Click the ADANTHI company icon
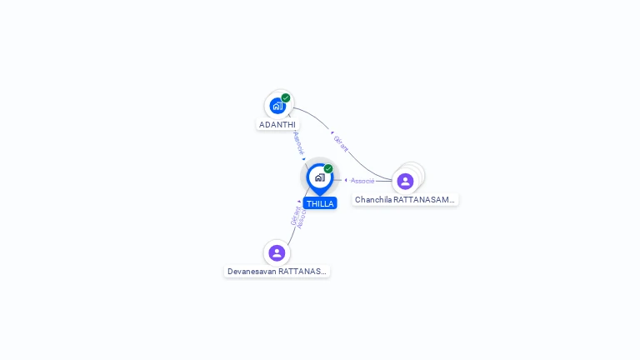coord(277,106)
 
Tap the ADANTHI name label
coord(277,125)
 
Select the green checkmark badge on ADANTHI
coord(286,97)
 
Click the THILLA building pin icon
coord(319,177)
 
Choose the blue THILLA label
coord(320,203)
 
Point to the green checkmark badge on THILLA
coord(328,168)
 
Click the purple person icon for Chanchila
coord(405,181)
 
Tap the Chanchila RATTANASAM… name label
coord(405,200)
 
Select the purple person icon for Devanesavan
coord(277,252)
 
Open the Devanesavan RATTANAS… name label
coord(277,272)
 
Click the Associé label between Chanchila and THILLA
coord(362,181)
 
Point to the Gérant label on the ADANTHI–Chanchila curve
coord(341,144)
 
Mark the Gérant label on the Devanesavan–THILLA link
coord(295,215)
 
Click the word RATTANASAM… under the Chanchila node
coord(424,200)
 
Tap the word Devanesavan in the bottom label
coord(252,272)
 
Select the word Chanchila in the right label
coord(373,200)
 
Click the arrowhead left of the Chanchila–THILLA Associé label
coord(346,180)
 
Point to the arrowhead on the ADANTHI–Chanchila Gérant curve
coord(332,132)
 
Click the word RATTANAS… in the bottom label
coord(302,272)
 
